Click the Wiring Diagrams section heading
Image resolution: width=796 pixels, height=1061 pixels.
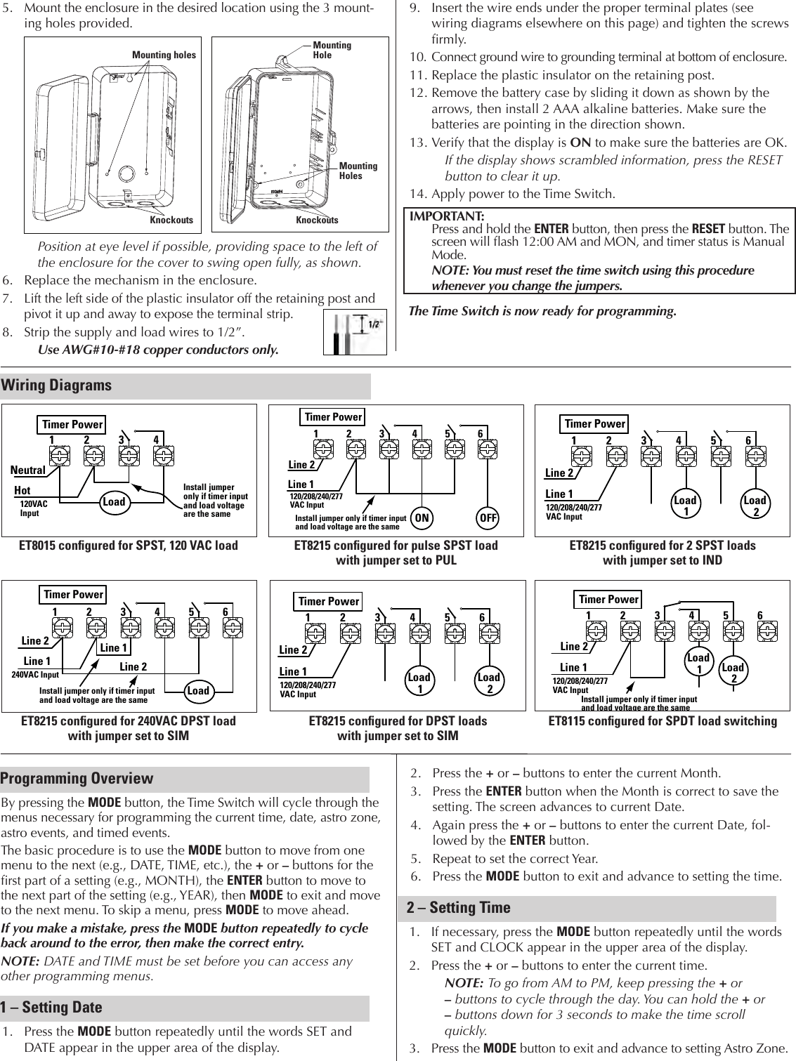[x=56, y=385]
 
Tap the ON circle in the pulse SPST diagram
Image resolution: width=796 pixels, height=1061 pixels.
[x=422, y=518]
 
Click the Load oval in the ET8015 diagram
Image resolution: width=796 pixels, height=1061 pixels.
[x=114, y=501]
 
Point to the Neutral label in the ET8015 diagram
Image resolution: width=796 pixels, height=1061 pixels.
[x=28, y=470]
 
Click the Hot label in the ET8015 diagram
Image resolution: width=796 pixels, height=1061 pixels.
[x=22, y=491]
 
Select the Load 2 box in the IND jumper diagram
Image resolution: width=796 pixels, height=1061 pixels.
[x=755, y=505]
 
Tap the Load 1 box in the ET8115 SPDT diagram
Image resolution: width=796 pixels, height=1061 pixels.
[x=698, y=662]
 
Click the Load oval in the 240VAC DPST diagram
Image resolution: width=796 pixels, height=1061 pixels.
[x=198, y=690]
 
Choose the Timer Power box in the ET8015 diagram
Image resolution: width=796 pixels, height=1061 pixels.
[x=72, y=424]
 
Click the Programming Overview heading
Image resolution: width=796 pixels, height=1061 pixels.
[x=77, y=778]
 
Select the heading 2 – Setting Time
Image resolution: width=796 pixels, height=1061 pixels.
[x=459, y=908]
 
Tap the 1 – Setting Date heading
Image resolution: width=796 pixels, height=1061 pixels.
[x=53, y=1007]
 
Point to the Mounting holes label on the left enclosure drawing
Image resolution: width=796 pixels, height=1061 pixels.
[x=164, y=55]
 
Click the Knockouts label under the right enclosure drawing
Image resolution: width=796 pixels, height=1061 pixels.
[x=317, y=220]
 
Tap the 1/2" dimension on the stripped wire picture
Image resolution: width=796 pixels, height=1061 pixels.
[x=374, y=324]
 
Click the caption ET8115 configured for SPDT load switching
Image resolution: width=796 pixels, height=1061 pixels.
[x=663, y=721]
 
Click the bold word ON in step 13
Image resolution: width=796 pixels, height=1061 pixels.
[x=580, y=143]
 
